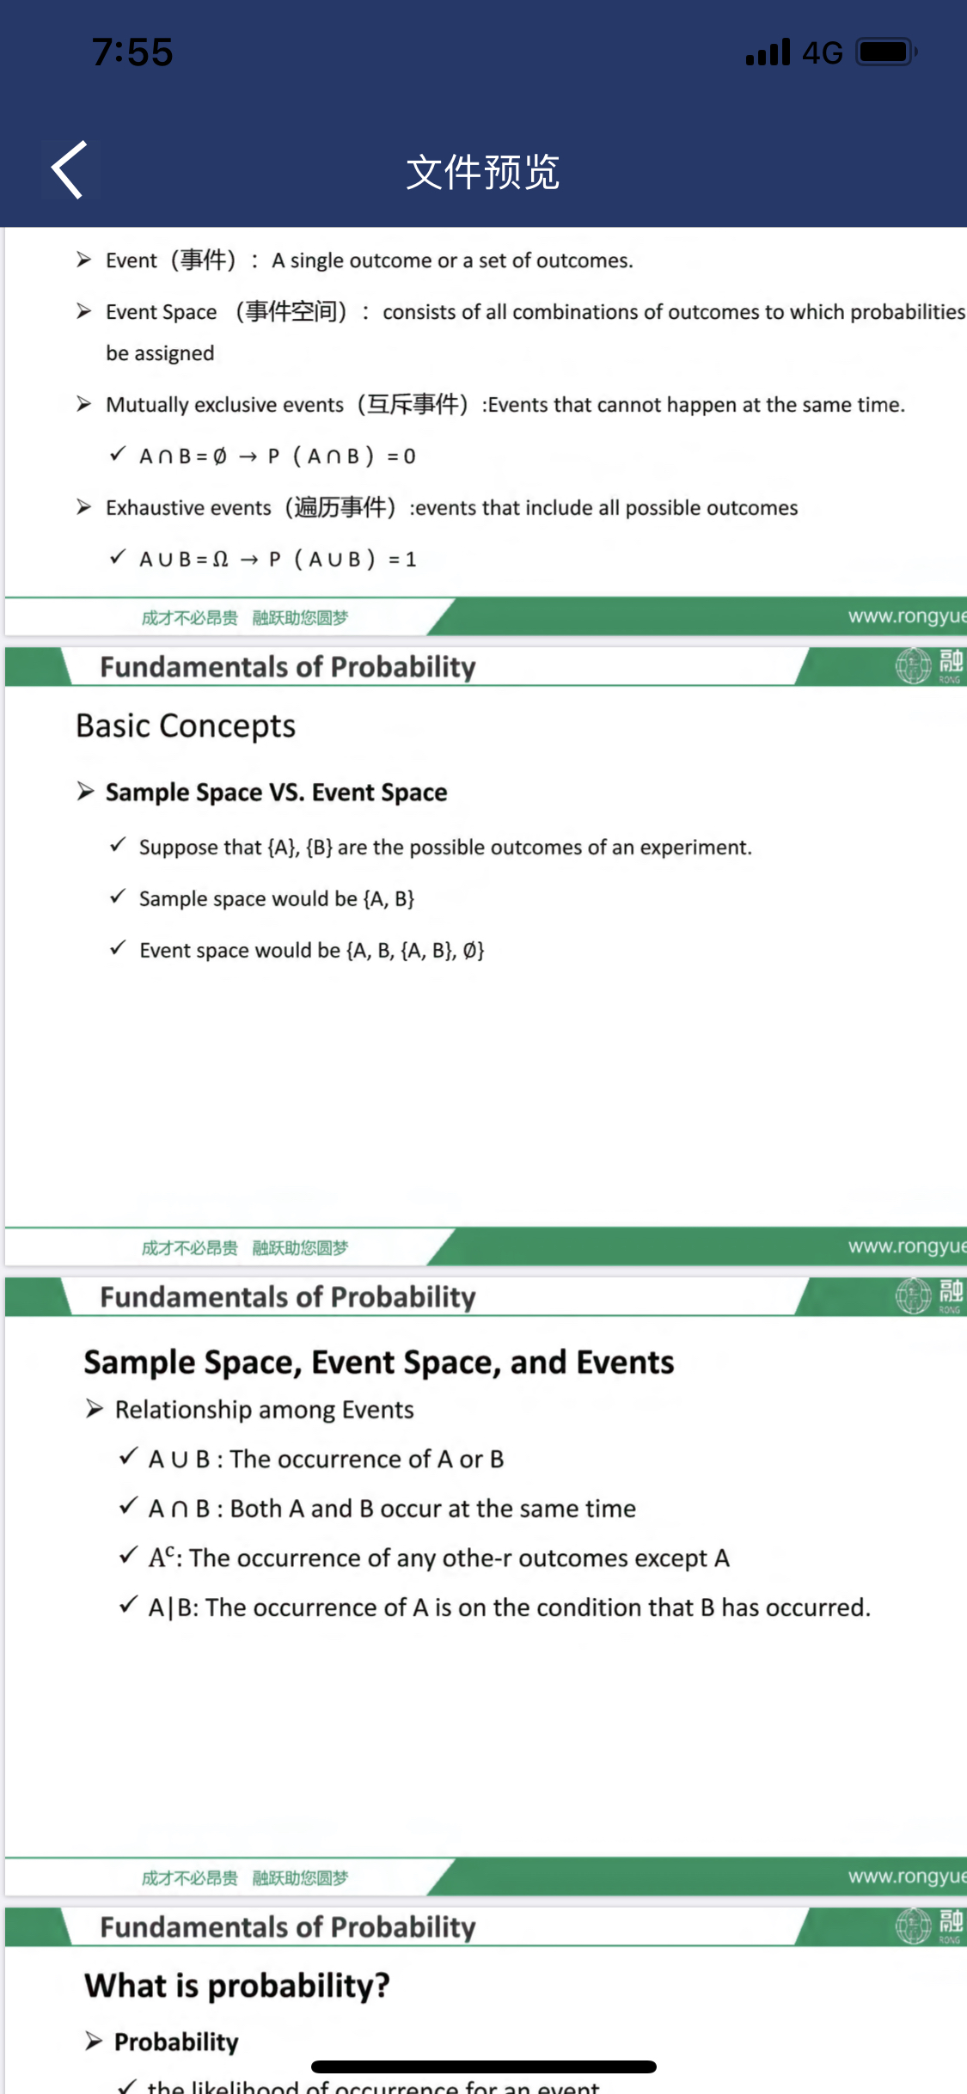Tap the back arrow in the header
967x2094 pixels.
click(x=70, y=170)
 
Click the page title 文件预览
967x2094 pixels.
click(x=483, y=172)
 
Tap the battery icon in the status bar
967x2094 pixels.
click(x=886, y=52)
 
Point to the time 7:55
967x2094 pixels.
click(x=132, y=52)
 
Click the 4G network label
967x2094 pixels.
click(x=822, y=53)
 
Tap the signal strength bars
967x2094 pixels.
click(x=768, y=53)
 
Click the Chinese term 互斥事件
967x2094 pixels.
click(x=413, y=404)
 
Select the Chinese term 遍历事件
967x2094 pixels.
click(x=340, y=507)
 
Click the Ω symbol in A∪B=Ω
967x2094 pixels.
click(x=221, y=560)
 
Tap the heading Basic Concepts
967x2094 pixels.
click(x=186, y=726)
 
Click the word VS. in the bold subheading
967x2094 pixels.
click(x=286, y=793)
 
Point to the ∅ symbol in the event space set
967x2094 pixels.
click(x=470, y=951)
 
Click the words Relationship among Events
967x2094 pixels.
click(x=264, y=1410)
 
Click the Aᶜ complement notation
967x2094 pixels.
click(x=162, y=1558)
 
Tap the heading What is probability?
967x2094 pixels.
click(x=237, y=1986)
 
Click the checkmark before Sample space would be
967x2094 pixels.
click(x=119, y=897)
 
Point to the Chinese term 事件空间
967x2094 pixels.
click(x=291, y=311)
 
